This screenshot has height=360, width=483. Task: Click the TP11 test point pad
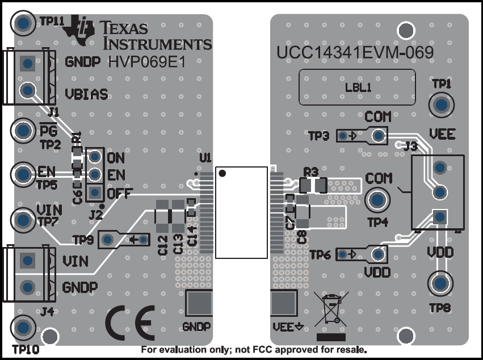click(x=23, y=23)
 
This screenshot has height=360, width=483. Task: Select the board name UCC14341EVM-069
click(x=356, y=53)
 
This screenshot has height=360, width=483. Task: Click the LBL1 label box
click(x=358, y=87)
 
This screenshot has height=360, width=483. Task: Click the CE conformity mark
click(x=129, y=323)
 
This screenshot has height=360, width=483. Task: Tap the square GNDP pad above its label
click(x=198, y=304)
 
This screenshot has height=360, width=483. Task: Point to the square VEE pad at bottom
click(x=284, y=304)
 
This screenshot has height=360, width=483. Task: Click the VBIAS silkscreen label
click(x=86, y=94)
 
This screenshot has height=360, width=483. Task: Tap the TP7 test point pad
click(x=23, y=219)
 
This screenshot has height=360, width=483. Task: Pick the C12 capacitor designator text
click(x=163, y=245)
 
